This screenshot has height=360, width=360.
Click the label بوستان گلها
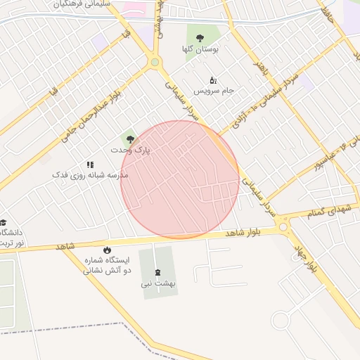pyautogui.click(x=202, y=49)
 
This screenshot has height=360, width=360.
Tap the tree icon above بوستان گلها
pyautogui.click(x=200, y=38)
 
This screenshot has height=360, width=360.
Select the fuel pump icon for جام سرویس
pyautogui.click(x=213, y=80)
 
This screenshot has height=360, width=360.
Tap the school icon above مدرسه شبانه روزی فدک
pyautogui.click(x=89, y=164)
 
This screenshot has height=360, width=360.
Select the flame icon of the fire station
pyautogui.click(x=107, y=250)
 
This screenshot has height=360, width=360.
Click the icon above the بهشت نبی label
pyautogui.click(x=156, y=271)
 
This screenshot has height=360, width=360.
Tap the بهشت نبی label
pyautogui.click(x=156, y=284)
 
